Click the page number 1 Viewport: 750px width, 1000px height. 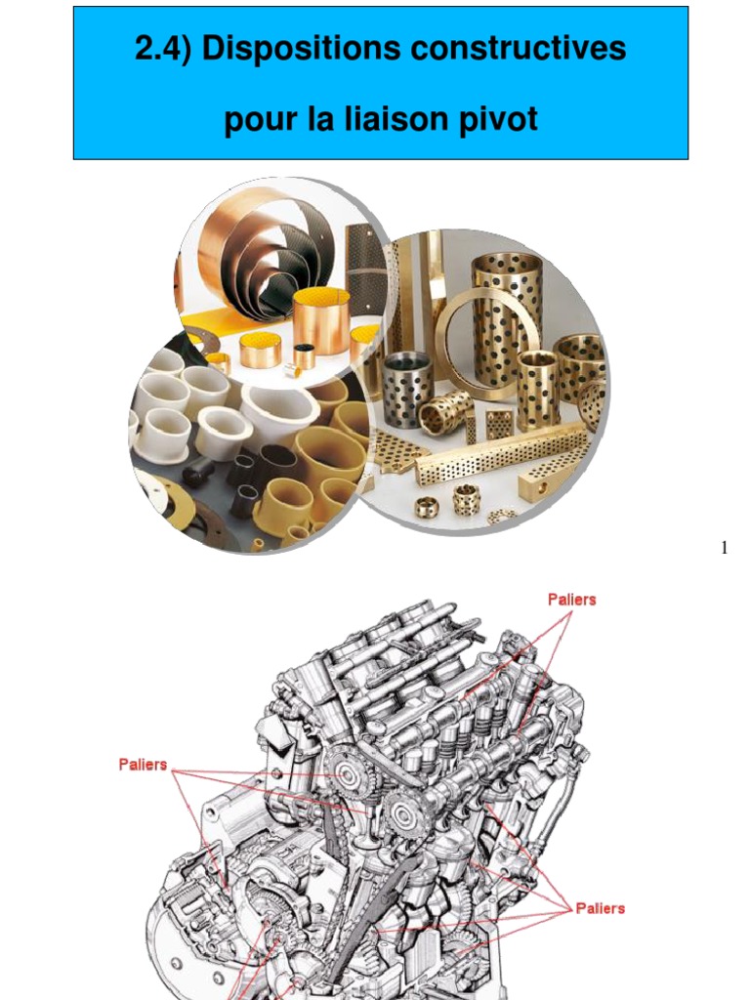pyautogui.click(x=724, y=548)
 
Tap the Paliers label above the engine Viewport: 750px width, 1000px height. pyautogui.click(x=571, y=600)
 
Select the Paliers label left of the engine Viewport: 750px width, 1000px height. pyautogui.click(x=143, y=765)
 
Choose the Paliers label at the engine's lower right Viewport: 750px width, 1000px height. pyautogui.click(x=600, y=908)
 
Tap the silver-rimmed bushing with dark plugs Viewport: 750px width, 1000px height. pyautogui.click(x=407, y=388)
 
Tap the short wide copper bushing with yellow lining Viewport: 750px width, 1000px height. pyautogui.click(x=260, y=350)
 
